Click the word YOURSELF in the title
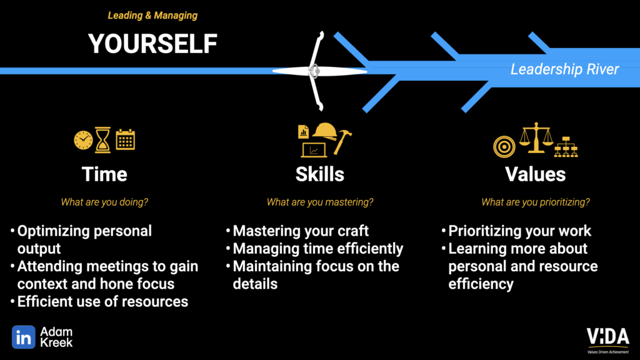(x=152, y=44)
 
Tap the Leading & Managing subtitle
(x=152, y=16)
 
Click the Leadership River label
(x=564, y=69)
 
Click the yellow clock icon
(x=83, y=141)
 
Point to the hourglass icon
(x=102, y=139)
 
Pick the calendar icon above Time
(x=125, y=139)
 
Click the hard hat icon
(x=325, y=131)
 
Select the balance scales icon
(x=536, y=138)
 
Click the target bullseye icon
(x=504, y=146)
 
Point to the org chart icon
(x=566, y=147)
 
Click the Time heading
(x=104, y=174)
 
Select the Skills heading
(x=320, y=174)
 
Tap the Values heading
(x=536, y=174)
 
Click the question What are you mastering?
(x=320, y=202)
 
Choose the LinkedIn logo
(x=24, y=337)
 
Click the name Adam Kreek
(x=56, y=337)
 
